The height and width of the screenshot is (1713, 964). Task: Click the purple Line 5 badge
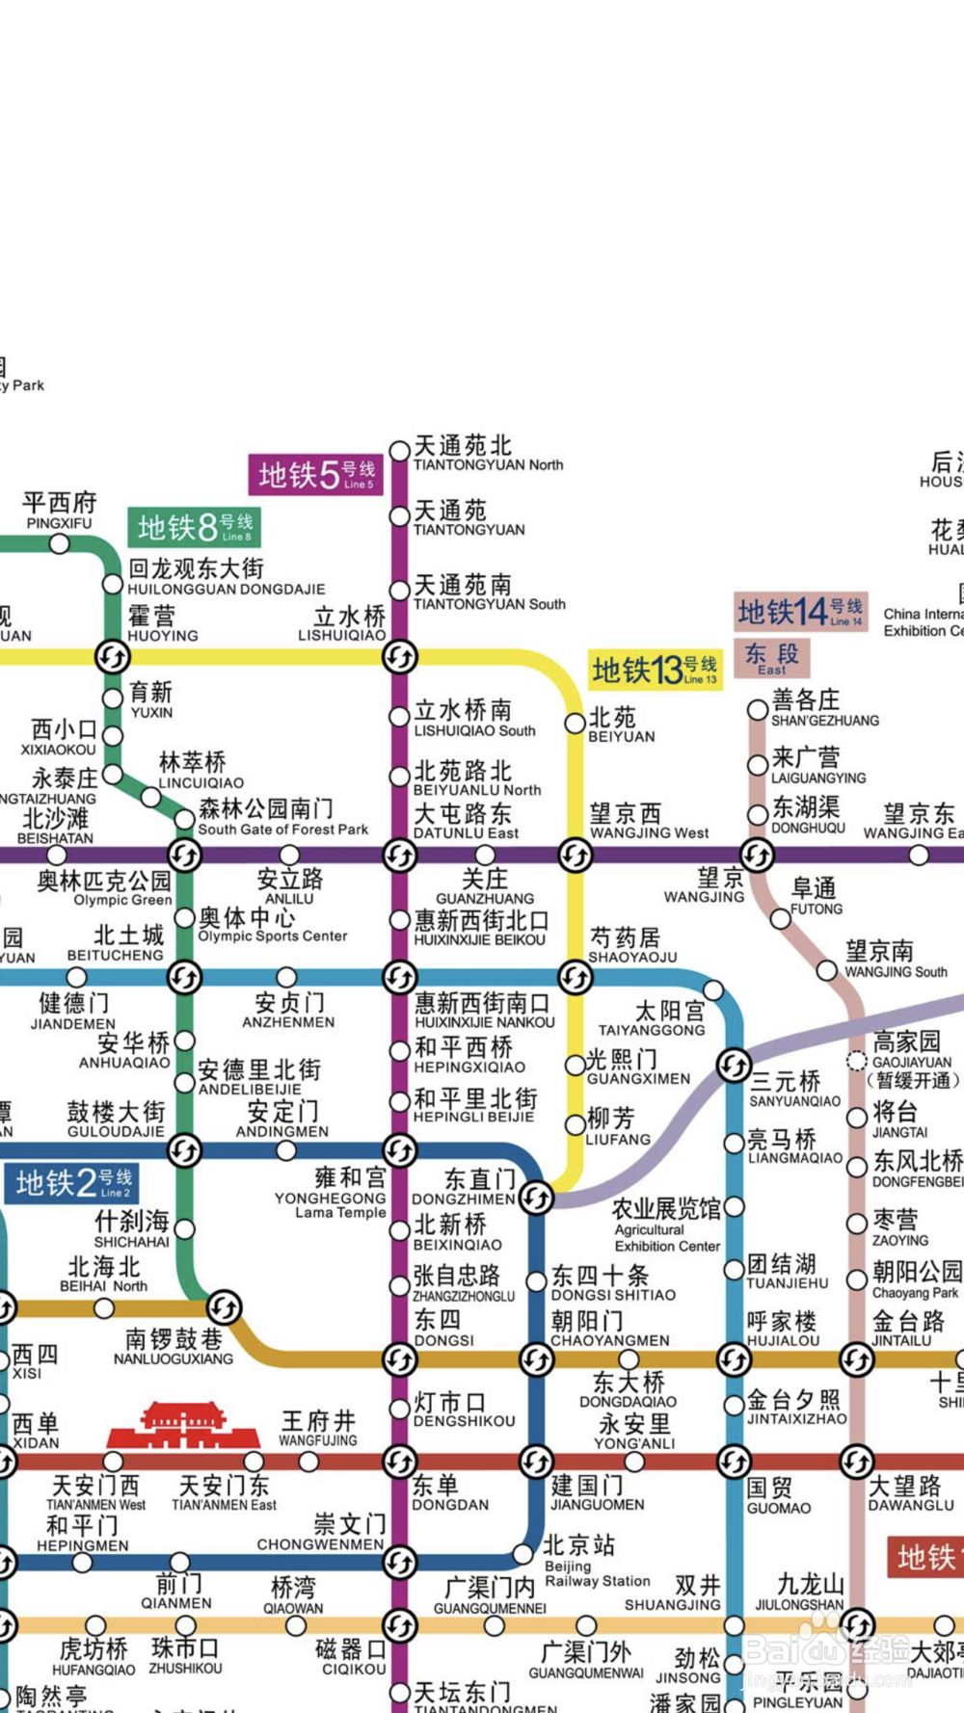tap(316, 475)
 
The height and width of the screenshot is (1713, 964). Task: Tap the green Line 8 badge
tap(195, 527)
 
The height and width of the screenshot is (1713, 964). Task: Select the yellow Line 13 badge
tap(655, 670)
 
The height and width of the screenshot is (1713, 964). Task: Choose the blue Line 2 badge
tap(71, 1183)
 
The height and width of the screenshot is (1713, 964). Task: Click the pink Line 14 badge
tap(800, 612)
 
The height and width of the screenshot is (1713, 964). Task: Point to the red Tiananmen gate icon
tap(183, 1425)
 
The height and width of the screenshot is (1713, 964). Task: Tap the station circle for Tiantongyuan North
tap(399, 451)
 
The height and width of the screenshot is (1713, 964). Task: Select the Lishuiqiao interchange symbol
tap(399, 657)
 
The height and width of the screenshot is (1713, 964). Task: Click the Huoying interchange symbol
tap(112, 657)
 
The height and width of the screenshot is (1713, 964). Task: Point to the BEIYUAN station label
tap(621, 725)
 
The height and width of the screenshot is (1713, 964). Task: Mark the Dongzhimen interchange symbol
tap(536, 1198)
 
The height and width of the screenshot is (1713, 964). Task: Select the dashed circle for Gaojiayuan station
tap(856, 1061)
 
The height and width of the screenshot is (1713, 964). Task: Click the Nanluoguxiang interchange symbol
tap(224, 1307)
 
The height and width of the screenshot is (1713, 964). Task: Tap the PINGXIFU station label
tap(60, 512)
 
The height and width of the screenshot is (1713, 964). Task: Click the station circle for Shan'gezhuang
tap(758, 711)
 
